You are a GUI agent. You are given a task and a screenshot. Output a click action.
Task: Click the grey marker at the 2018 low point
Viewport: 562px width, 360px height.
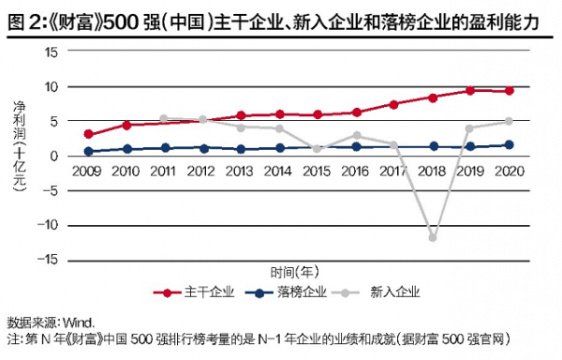(x=433, y=237)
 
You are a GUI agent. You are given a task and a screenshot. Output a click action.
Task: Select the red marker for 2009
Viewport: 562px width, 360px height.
(x=88, y=134)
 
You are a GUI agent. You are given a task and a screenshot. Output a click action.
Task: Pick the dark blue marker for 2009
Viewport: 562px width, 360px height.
(x=88, y=151)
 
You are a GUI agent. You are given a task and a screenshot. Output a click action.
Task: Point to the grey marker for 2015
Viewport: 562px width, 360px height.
(x=318, y=149)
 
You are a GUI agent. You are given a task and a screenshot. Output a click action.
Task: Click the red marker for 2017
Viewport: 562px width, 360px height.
(x=394, y=104)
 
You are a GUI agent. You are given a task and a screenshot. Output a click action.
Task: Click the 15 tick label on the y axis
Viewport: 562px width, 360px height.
(x=52, y=52)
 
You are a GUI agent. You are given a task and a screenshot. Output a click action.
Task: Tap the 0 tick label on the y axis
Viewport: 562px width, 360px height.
(x=56, y=156)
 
